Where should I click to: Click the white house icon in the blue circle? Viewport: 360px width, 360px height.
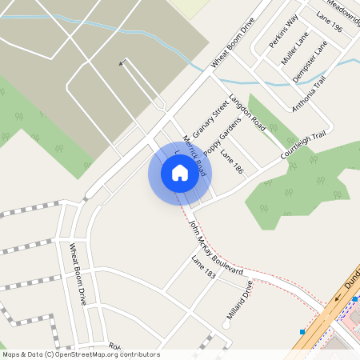point(180,173)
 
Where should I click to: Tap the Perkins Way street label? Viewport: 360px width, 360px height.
point(283,30)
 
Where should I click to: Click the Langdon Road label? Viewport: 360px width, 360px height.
point(246,113)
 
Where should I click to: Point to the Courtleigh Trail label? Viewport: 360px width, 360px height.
point(304,145)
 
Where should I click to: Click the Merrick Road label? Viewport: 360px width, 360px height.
point(195,155)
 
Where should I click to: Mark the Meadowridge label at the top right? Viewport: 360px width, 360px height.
point(342,10)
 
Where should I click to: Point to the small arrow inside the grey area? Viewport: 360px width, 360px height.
point(122,62)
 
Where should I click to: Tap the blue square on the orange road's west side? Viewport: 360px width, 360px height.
point(302,331)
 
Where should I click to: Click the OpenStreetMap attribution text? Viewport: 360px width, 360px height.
point(81,354)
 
